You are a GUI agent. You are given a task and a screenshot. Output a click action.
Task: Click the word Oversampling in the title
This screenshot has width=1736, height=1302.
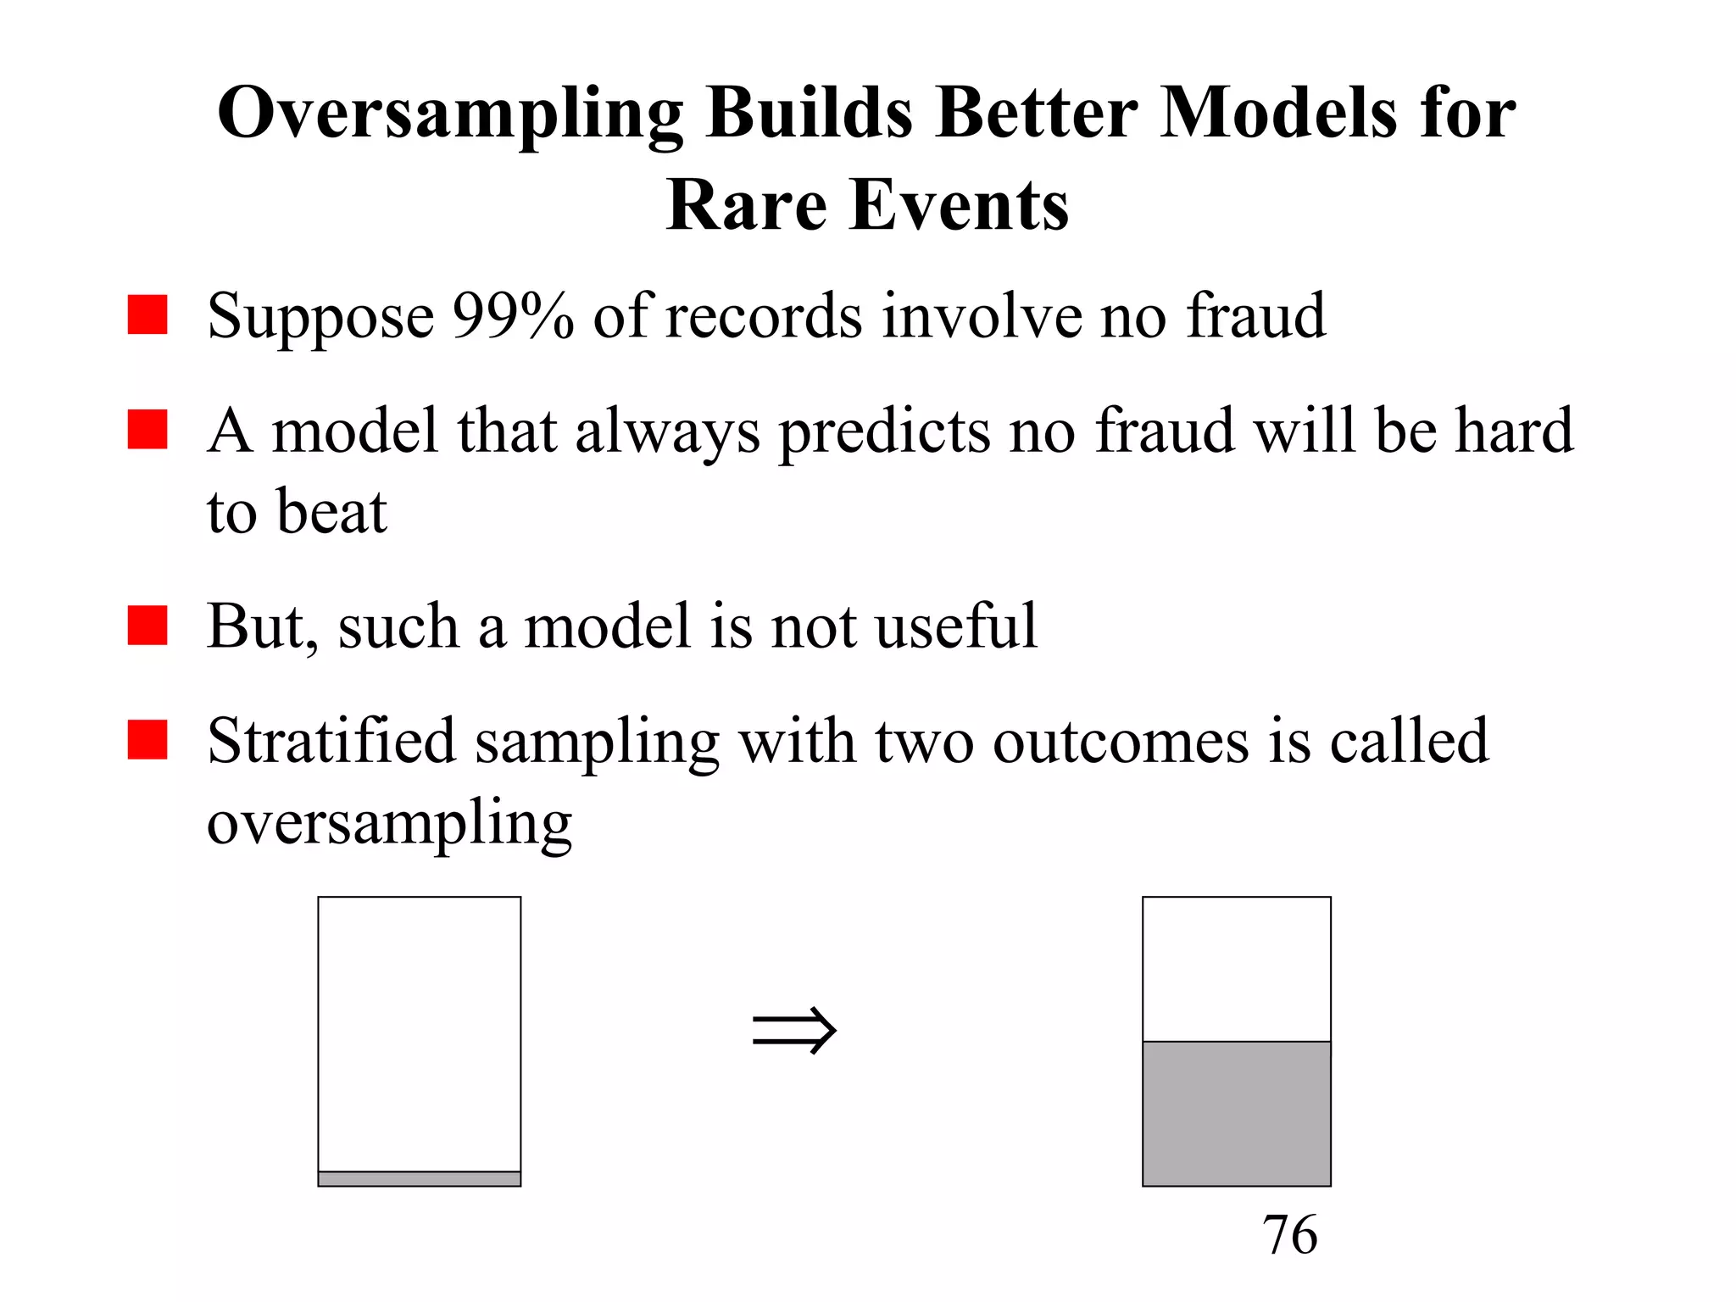(449, 114)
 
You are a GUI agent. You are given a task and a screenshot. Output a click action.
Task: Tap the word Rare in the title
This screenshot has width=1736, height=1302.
(746, 205)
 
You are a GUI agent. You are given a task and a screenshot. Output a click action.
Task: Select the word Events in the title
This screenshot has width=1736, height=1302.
(960, 205)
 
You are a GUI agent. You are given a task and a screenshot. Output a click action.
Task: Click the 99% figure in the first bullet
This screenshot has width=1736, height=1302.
(513, 315)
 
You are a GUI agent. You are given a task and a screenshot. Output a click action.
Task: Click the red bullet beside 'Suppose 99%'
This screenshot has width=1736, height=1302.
(147, 314)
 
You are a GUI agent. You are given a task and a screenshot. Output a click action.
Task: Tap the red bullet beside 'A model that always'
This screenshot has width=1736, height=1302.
(147, 429)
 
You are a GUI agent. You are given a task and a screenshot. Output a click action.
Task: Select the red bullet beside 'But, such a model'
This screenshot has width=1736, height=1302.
(147, 625)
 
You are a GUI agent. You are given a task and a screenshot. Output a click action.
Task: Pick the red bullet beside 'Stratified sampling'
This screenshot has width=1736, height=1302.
(147, 739)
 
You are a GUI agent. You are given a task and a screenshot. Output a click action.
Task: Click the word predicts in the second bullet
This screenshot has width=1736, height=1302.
(883, 432)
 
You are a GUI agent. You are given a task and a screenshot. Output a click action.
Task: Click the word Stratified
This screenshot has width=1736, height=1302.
(331, 741)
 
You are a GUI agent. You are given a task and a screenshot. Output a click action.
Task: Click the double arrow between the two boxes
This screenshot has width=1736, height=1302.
(794, 1030)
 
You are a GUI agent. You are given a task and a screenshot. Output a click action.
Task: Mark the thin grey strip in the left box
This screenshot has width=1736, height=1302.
(420, 1178)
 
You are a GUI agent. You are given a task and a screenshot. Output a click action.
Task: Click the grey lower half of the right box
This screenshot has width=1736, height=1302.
(1237, 1113)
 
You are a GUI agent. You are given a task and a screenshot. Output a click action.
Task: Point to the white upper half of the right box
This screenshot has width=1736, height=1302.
(1237, 969)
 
